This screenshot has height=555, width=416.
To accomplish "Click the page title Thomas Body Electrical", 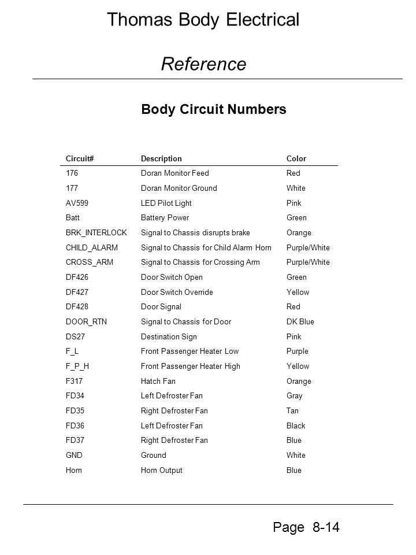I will click(x=203, y=20).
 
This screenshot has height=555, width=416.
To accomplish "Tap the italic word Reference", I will click(x=203, y=64).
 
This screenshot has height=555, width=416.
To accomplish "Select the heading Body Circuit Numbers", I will click(x=214, y=109).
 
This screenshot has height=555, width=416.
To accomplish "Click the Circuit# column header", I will click(x=80, y=158).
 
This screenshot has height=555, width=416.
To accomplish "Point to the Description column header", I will click(x=161, y=158).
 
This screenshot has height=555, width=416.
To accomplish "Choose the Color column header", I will click(x=296, y=158).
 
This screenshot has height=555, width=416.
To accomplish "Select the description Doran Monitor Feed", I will click(x=175, y=173).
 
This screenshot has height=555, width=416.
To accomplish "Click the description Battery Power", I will click(x=165, y=218).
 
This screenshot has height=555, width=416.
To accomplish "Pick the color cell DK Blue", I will click(x=300, y=321).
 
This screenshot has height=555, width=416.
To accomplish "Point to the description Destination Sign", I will click(x=169, y=336).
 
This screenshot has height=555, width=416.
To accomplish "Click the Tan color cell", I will click(x=292, y=411).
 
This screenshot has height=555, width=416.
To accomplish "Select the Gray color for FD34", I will click(x=294, y=396).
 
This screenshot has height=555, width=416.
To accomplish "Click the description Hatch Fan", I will click(x=158, y=381).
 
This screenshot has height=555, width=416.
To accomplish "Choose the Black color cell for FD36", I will click(x=296, y=425).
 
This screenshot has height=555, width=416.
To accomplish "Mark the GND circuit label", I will click(x=74, y=455).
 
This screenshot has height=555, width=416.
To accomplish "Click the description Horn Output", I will click(x=162, y=470).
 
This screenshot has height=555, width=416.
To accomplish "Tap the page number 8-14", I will click(x=325, y=527).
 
